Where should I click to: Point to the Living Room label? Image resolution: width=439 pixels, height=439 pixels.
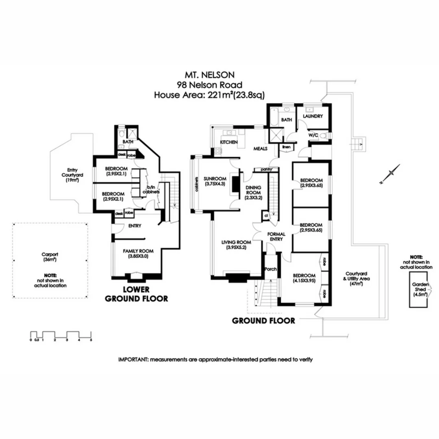pos(235,245)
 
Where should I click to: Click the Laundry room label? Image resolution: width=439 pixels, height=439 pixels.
pos(313,116)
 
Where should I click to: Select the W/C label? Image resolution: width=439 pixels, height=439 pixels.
pos(313,135)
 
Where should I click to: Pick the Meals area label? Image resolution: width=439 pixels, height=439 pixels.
pos(261,149)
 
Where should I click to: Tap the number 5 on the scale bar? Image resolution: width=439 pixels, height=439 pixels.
pos(91,339)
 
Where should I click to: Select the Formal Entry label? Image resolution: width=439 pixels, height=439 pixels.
pos(276,237)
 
